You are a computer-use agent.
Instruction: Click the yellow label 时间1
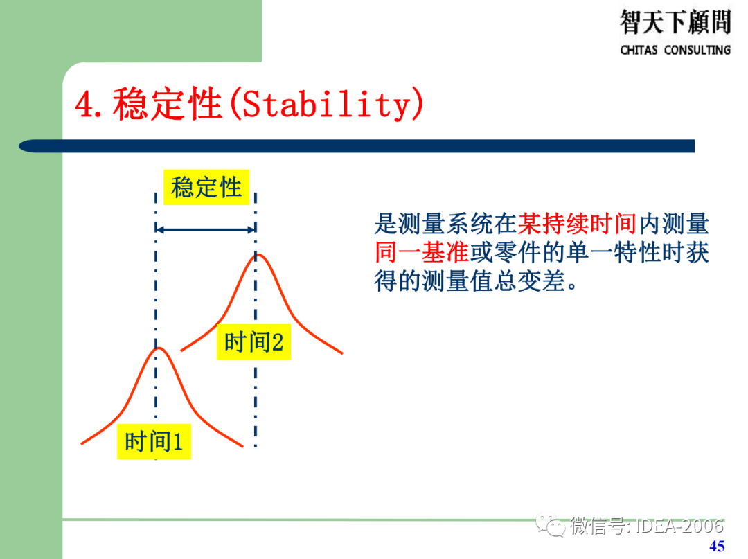(153, 441)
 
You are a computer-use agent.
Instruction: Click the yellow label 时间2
(253, 342)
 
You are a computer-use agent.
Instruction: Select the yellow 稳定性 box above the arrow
(206, 187)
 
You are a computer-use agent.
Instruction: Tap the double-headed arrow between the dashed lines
(206, 229)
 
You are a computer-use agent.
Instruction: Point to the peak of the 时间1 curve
(157, 348)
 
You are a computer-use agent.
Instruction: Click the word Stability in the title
(326, 105)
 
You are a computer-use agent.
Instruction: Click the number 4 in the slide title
(85, 105)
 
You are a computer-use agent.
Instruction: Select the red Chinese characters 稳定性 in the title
(166, 105)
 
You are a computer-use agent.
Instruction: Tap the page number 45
(717, 546)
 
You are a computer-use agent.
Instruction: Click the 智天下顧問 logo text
(675, 22)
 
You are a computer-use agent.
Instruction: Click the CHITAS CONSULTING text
(675, 50)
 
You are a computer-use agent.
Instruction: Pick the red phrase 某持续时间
(576, 224)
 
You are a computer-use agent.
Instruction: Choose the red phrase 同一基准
(422, 253)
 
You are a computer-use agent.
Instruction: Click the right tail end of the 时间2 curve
(341, 353)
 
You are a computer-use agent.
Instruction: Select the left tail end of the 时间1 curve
(83, 442)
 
